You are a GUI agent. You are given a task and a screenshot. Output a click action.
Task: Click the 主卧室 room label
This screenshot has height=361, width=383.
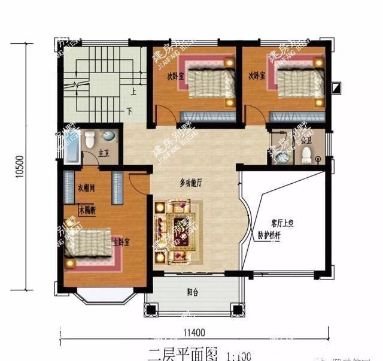tap(121, 242)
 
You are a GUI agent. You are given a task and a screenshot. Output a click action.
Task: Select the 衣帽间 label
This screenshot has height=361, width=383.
tap(87, 189)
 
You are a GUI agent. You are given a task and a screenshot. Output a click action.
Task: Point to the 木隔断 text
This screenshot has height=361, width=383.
tap(87, 210)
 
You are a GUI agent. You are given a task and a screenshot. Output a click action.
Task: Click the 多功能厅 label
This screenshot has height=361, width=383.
tap(191, 183)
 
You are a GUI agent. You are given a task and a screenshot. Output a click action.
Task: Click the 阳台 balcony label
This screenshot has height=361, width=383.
tap(193, 293)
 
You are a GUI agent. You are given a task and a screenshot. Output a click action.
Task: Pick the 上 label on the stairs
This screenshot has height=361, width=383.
tap(133, 92)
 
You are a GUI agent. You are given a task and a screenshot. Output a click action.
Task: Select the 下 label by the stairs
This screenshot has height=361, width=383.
tap(129, 112)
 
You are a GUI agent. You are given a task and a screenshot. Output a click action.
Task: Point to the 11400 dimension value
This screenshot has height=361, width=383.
tap(194, 333)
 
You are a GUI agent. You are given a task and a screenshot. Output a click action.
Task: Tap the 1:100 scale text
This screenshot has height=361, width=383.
tap(239, 354)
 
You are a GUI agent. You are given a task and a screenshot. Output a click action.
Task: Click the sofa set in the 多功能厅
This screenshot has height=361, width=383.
tap(178, 230)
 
